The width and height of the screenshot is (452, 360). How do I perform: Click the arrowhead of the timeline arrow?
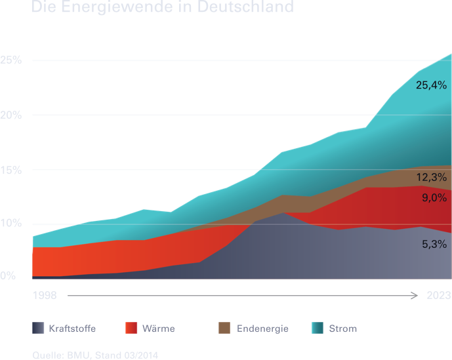(415, 296)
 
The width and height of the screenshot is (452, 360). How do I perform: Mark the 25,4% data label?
(431, 85)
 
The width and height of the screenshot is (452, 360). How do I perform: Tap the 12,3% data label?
(431, 177)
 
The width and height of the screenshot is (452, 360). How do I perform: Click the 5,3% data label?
(434, 244)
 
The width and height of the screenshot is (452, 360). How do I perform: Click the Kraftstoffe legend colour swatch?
(38, 328)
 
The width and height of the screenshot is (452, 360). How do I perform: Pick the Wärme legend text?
(158, 328)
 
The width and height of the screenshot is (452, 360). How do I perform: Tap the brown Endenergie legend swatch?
(224, 328)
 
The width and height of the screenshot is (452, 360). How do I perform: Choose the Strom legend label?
(344, 328)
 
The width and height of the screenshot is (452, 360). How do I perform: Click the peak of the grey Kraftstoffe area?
(282, 212)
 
